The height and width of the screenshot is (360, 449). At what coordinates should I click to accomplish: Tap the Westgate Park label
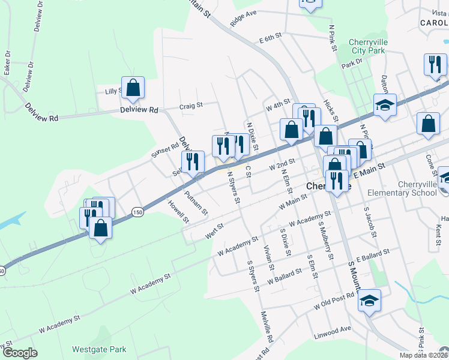[99, 349]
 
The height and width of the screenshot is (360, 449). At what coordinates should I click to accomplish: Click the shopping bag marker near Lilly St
[133, 88]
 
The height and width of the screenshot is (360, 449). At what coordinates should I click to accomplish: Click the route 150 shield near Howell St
[138, 212]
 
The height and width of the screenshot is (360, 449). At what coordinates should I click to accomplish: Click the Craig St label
[191, 106]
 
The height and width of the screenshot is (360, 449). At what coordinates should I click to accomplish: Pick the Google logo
[20, 353]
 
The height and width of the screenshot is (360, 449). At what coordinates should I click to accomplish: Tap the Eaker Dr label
[7, 62]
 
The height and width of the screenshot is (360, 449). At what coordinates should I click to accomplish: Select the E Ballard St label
[373, 254]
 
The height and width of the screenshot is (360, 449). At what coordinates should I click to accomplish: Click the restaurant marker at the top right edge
[435, 65]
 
